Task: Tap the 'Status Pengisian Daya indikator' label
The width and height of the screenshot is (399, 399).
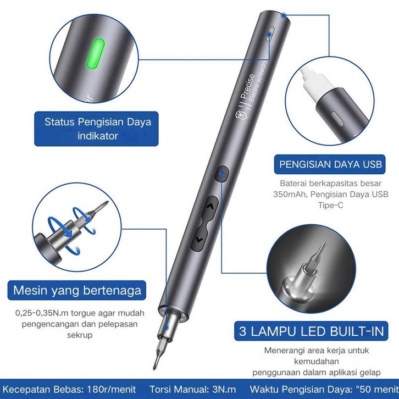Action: (x=98, y=129)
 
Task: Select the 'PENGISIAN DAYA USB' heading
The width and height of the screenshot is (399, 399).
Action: (x=330, y=164)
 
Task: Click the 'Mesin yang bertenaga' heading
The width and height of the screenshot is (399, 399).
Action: (x=77, y=290)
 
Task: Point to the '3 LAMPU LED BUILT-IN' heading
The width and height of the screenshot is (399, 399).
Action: (x=311, y=331)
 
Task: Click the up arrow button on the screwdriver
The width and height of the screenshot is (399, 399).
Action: (x=210, y=207)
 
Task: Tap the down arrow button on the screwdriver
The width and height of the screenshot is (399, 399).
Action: (x=199, y=239)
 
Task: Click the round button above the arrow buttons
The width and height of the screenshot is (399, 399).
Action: (x=222, y=174)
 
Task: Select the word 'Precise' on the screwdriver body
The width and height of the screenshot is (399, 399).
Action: (x=247, y=86)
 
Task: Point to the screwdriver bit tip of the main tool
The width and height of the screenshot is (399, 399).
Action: (x=155, y=367)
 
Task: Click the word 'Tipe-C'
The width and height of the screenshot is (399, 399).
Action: (x=330, y=205)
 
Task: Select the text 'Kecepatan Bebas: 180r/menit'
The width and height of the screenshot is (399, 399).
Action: (x=69, y=390)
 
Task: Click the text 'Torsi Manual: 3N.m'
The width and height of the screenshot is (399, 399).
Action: (x=192, y=390)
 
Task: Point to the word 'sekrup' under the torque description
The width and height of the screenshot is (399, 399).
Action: (x=80, y=335)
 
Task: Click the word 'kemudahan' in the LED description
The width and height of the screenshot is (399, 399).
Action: (x=317, y=362)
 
